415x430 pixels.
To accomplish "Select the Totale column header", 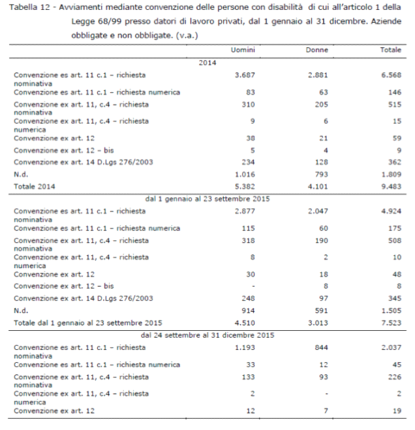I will [x=390, y=51].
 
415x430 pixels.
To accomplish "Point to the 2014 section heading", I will [x=207, y=63].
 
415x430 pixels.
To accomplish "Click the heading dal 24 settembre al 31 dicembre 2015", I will [x=207, y=335].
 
